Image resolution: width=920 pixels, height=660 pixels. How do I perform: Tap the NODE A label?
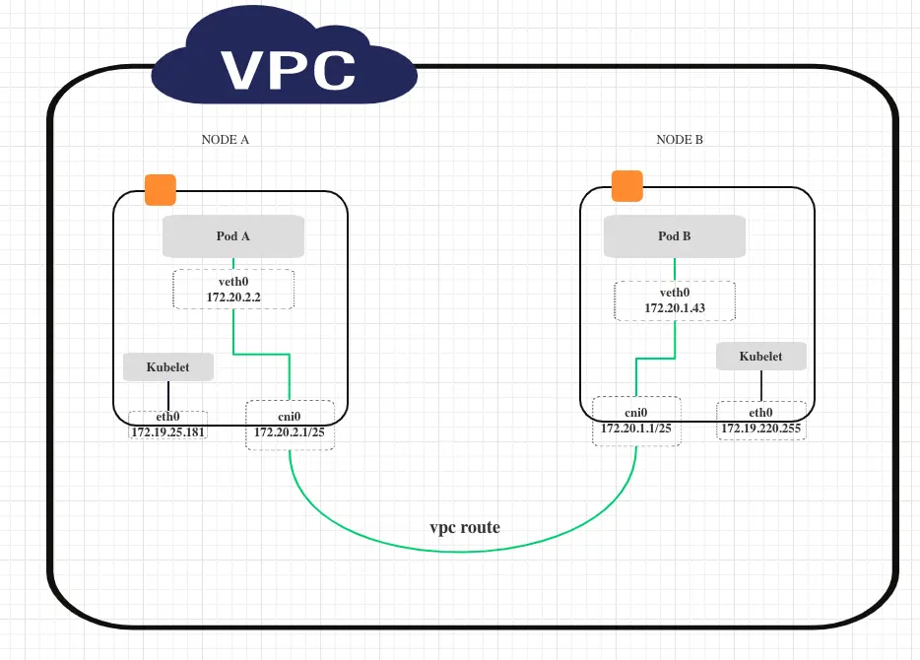(x=225, y=140)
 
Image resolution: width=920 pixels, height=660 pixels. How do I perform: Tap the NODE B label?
(x=680, y=140)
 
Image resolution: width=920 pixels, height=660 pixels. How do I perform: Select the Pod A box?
(x=233, y=236)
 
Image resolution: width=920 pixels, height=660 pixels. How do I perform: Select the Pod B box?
(x=675, y=236)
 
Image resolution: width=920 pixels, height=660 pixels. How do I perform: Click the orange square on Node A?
(x=160, y=189)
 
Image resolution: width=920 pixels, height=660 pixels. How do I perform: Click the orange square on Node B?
(x=626, y=185)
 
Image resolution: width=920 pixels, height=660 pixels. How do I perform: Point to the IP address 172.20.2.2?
(x=233, y=297)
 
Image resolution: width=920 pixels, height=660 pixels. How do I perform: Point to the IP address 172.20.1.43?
(x=675, y=308)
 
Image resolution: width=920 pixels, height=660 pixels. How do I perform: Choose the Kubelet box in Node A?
(x=168, y=367)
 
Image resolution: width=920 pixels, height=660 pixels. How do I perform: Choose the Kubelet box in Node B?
(x=760, y=357)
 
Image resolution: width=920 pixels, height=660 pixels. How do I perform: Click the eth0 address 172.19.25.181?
(x=167, y=431)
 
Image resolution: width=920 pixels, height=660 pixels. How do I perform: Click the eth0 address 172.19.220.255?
(x=761, y=429)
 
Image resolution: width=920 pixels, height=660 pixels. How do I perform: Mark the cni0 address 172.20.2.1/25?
(x=290, y=431)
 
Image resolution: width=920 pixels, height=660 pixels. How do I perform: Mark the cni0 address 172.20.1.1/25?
(x=636, y=429)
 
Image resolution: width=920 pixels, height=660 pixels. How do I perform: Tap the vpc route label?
(x=464, y=527)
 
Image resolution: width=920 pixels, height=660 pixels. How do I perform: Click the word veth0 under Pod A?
(x=233, y=281)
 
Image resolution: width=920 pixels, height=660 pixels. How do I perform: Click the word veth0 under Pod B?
(x=675, y=293)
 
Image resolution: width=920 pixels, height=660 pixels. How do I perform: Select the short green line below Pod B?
(x=675, y=269)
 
